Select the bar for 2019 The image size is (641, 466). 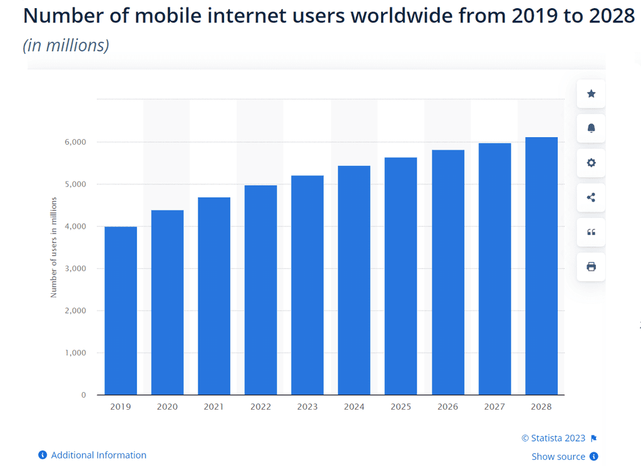pos(121,311)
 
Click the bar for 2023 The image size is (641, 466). pos(307,285)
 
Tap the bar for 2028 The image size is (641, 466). pos(541,266)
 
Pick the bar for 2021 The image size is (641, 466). pos(214,296)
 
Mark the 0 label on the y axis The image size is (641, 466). pos(84,395)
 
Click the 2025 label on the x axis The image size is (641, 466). pos(401,406)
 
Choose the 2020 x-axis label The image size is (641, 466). pos(167,406)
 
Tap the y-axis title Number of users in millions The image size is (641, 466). pos(54,247)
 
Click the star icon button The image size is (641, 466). pos(591,94)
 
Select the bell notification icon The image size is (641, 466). pos(591,128)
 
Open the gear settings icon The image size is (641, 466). pos(591,163)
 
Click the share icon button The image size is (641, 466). pos(591,198)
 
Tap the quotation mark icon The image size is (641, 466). pos(591,232)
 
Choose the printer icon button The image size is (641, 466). pos(591,267)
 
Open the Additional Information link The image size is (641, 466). pos(98,455)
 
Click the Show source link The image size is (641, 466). pos(558,457)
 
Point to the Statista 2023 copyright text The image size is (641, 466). pos(553,438)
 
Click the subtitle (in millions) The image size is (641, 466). pos(66,46)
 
